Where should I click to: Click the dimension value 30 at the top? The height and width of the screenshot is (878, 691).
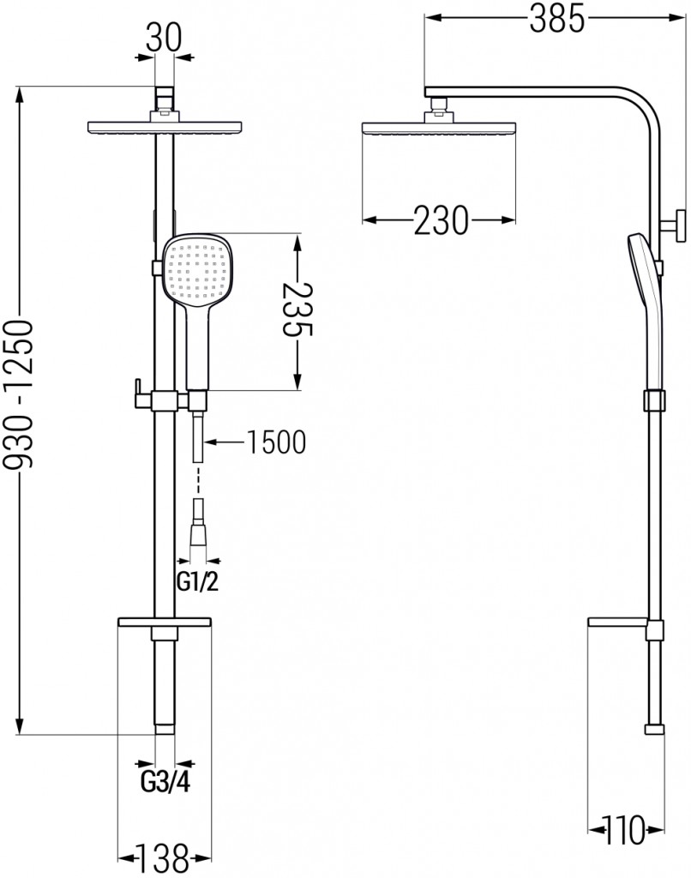[x=164, y=38]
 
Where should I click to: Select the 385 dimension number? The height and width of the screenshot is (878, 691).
[x=557, y=18]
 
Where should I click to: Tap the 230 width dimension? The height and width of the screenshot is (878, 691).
[x=441, y=220]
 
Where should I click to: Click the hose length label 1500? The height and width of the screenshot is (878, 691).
[x=276, y=442]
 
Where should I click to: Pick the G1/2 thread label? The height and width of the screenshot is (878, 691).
[x=197, y=582]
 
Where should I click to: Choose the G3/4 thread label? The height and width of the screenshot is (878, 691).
[x=165, y=782]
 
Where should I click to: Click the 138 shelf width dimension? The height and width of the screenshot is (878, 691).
[x=164, y=857]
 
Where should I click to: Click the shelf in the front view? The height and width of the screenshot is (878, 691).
[x=165, y=622]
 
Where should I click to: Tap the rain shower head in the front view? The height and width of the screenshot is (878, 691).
[x=165, y=127]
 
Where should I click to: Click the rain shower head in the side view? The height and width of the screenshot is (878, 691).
[x=439, y=128]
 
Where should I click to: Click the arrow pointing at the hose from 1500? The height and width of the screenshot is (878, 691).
[x=224, y=442]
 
